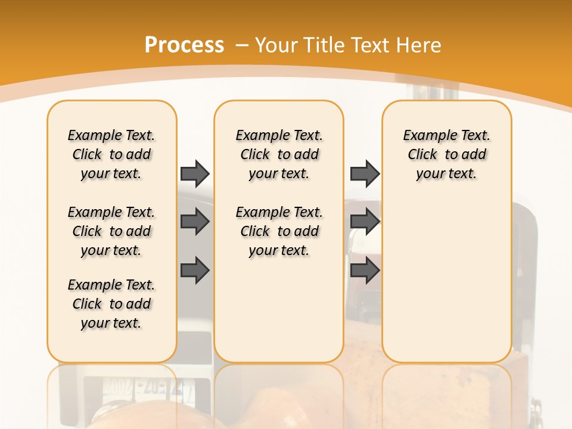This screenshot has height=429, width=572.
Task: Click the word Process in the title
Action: (x=184, y=45)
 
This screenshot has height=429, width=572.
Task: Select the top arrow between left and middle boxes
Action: (x=195, y=173)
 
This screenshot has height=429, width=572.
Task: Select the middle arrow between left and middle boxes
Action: (x=195, y=222)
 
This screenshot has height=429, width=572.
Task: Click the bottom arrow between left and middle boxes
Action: (x=195, y=269)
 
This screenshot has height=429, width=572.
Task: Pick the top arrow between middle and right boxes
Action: (x=365, y=173)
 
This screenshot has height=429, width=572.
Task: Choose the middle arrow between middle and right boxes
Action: (x=365, y=222)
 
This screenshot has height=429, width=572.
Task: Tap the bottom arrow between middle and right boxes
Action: (x=365, y=270)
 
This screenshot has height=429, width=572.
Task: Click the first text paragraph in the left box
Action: (x=111, y=154)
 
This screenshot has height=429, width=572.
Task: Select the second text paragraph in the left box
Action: (x=111, y=231)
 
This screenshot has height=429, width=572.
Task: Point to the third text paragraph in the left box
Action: (x=111, y=304)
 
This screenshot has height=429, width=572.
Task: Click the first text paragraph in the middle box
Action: (x=279, y=154)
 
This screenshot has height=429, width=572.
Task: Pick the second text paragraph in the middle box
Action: (x=279, y=231)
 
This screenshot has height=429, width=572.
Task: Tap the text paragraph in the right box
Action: (x=447, y=154)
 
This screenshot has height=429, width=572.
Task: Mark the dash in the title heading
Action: (x=242, y=45)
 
